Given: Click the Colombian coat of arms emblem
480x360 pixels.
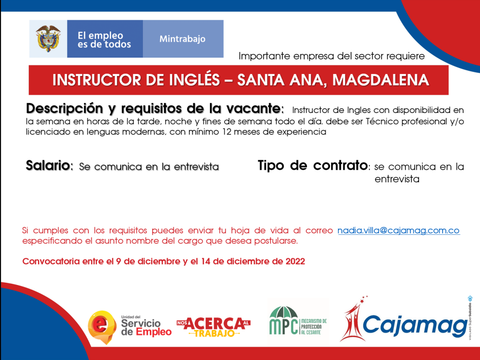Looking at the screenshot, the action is click(x=48, y=38).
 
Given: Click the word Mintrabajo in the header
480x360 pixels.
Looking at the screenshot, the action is click(x=182, y=39).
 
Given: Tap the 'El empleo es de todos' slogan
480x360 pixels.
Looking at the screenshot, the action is click(x=104, y=40).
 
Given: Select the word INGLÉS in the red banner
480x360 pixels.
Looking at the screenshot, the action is click(x=195, y=80).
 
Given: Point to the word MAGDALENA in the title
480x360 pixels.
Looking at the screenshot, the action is click(x=381, y=80).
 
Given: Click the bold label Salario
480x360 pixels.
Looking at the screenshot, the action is click(x=48, y=165).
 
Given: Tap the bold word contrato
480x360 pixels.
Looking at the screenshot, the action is click(x=340, y=165).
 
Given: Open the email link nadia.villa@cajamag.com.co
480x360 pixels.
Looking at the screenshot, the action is click(x=398, y=231).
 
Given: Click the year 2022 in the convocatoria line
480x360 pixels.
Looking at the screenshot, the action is click(x=295, y=262).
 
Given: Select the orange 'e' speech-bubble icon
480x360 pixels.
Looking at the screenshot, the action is click(x=102, y=327).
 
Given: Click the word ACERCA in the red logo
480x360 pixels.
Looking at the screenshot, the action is click(x=215, y=323).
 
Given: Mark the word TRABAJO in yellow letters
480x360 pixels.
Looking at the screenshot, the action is click(x=214, y=333).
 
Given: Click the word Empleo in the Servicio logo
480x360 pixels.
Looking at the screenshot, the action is click(x=154, y=332).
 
